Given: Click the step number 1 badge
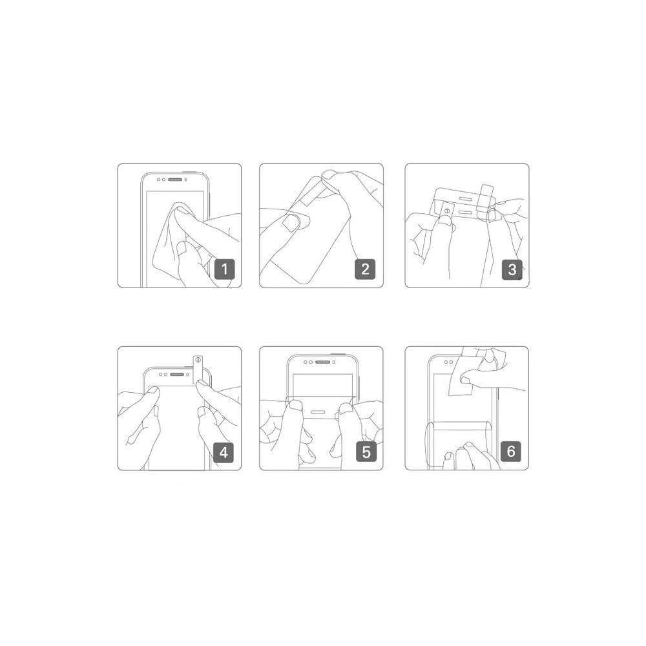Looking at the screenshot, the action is tap(225, 269).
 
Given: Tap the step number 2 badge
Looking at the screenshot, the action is tap(365, 269).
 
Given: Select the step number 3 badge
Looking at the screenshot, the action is tap(512, 269).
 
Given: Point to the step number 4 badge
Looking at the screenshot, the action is tap(224, 452).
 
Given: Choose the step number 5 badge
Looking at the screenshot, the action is tap(366, 452).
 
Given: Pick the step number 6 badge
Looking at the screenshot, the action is tap(511, 451).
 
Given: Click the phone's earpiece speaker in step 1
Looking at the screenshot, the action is tap(175, 180).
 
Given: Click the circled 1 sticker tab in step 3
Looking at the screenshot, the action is tap(447, 211).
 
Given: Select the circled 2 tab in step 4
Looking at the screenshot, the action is tap(198, 369).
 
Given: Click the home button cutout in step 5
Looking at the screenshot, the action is tap(320, 412).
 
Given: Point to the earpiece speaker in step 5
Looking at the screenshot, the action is tap(322, 362).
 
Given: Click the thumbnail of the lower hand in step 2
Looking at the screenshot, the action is tap(291, 223).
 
